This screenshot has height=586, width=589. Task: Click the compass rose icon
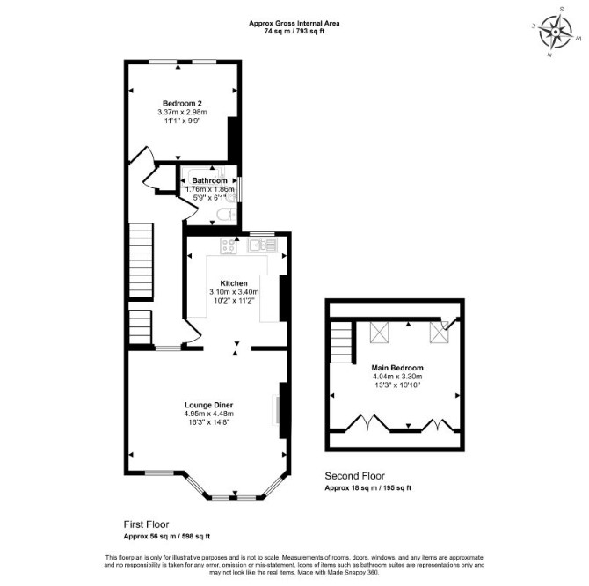556,32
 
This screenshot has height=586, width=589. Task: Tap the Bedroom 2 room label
182,103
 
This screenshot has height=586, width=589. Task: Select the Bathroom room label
209,180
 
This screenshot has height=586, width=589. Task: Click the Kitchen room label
234,283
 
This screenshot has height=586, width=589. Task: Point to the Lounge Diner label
209,405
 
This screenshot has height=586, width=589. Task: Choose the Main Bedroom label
397,368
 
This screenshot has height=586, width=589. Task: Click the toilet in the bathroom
226,215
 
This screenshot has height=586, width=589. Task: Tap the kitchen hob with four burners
229,246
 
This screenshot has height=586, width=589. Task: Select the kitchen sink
262,245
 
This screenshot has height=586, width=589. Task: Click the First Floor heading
146,524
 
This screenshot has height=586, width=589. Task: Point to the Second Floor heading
354,476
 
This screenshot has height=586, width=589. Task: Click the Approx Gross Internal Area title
294,23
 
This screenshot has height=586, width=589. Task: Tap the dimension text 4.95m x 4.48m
208,414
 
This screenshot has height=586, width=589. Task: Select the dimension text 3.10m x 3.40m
234,292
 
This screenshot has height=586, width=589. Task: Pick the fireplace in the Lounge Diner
276,410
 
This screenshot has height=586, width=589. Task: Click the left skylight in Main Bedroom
380,333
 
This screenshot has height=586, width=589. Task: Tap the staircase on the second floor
341,342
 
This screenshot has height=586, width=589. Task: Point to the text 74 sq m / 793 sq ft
294,32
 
